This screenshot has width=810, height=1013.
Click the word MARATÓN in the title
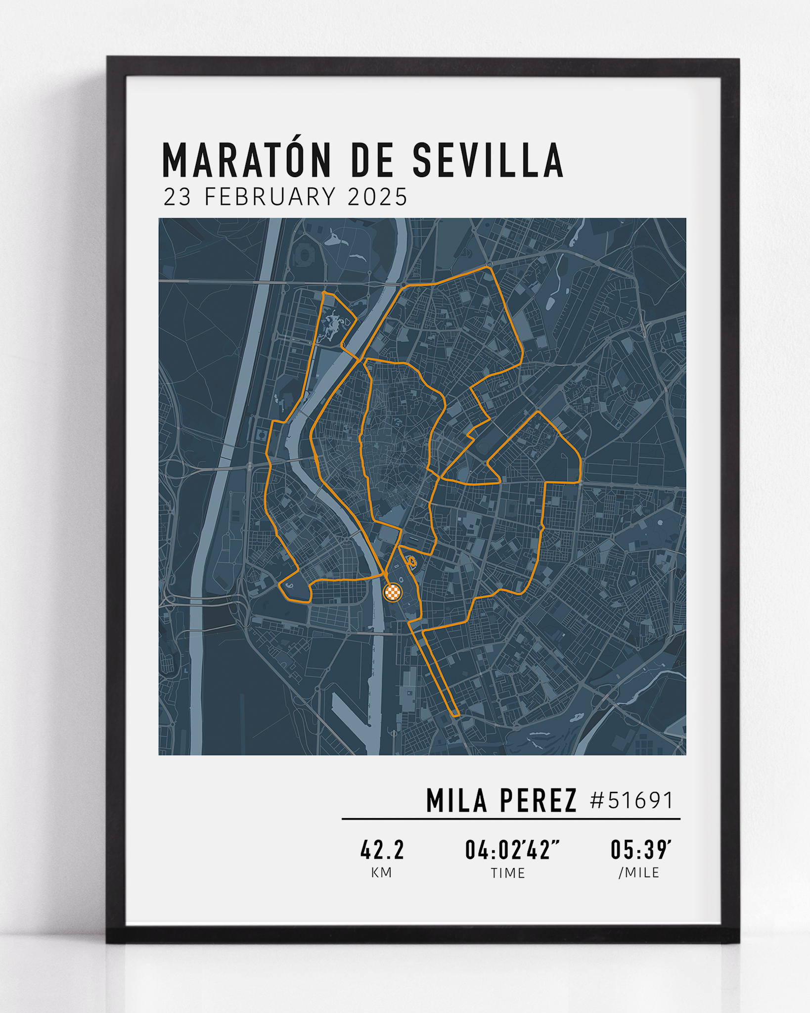coord(246,161)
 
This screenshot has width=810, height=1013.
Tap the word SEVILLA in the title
coord(488,161)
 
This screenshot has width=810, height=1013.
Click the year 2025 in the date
coord(377,197)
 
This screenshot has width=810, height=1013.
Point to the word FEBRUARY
coord(270,197)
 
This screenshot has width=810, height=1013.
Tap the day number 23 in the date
coord(178,197)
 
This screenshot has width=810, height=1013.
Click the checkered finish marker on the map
coord(393,592)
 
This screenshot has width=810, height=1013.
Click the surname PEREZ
coord(538,801)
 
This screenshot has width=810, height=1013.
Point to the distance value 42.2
coord(382,850)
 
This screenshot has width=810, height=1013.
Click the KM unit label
coord(382,873)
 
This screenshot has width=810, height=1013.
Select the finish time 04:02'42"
coord(511,850)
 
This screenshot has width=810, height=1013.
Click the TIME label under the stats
coord(508,874)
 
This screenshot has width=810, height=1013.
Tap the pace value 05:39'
coord(640,850)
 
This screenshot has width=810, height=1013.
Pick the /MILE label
coord(639,873)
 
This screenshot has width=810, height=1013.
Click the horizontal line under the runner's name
coord(511,819)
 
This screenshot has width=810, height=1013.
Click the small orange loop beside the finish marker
coord(411,561)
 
